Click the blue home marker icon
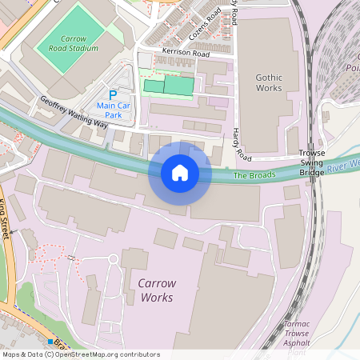(x=180, y=172)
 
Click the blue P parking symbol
(x=113, y=94)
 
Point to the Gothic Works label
(x=269, y=82)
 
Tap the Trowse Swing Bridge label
(x=312, y=162)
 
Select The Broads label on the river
(x=254, y=174)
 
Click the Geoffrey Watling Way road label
(x=74, y=111)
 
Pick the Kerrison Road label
(x=185, y=54)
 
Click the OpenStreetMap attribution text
(x=80, y=354)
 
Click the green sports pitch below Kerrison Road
(x=169, y=86)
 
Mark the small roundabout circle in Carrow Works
(x=113, y=258)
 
